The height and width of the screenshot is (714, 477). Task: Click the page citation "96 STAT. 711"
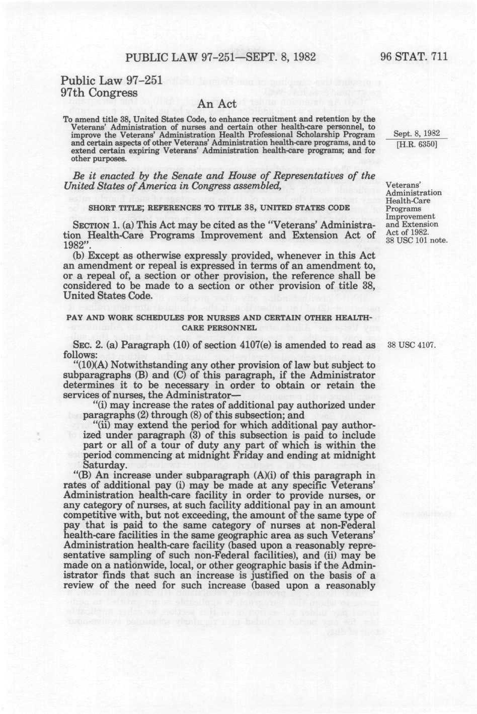click(x=414, y=57)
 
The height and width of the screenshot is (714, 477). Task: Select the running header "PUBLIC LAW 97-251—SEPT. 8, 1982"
click(x=220, y=57)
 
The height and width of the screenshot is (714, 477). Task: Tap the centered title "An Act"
click(x=217, y=104)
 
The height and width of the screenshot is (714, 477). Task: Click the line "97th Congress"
click(x=99, y=93)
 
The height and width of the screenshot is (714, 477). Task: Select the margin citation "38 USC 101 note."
click(x=416, y=240)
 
